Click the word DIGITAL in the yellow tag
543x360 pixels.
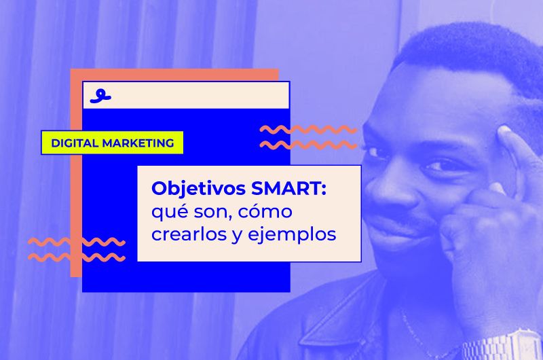pos(75,143)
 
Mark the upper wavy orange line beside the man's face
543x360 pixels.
pos(309,129)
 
